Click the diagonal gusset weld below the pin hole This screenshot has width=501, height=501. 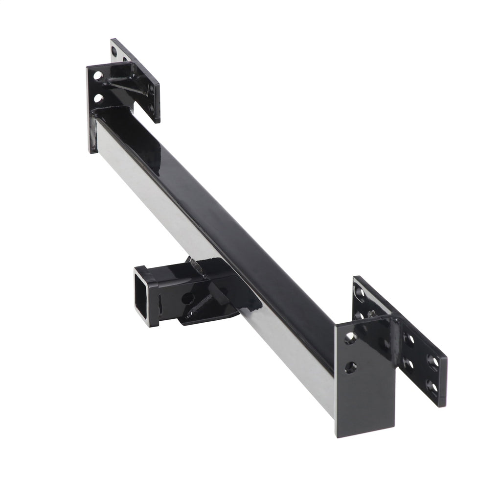click(199, 306)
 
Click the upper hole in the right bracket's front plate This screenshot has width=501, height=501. click(350, 338)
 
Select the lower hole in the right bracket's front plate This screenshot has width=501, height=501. click(350, 367)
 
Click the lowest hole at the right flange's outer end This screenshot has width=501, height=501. click(432, 387)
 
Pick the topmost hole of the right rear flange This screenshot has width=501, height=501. click(361, 294)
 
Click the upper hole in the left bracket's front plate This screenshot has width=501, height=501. click(98, 76)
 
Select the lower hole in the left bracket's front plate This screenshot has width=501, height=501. click(98, 98)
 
